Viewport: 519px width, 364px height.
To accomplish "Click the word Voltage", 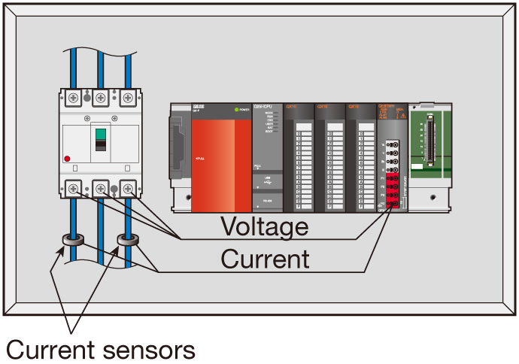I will (263, 226).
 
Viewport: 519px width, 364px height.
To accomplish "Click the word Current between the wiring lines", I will (265, 259).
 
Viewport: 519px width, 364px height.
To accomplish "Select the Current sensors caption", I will (101, 349).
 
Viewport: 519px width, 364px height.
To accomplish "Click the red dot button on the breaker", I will (68, 159).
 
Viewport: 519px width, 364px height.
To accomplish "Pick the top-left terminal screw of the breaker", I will (74, 97).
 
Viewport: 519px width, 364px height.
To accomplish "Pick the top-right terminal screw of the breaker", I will (126, 97).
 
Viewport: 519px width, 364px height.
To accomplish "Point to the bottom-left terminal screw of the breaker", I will (74, 189).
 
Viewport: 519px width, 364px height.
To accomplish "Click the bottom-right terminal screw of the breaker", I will (126, 189).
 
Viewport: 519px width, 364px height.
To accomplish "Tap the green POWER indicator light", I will (236, 111).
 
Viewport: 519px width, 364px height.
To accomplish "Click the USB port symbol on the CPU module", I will (259, 181).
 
